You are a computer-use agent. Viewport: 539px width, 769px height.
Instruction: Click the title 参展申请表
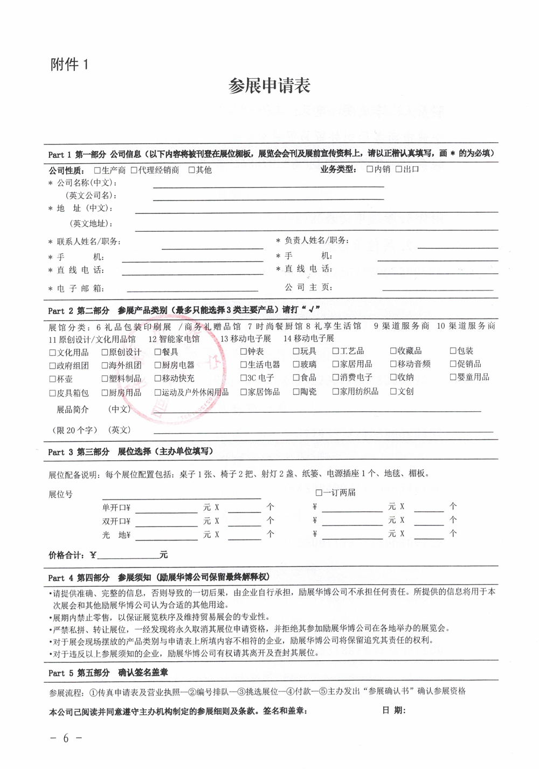coord(269,86)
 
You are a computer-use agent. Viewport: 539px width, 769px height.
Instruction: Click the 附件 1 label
coord(69,65)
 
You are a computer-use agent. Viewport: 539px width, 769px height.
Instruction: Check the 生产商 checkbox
coord(98,170)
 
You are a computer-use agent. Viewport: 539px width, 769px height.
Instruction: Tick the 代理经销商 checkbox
coord(134,170)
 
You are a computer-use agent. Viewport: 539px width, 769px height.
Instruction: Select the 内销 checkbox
coord(370,169)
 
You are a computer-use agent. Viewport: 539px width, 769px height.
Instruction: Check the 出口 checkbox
coord(399,169)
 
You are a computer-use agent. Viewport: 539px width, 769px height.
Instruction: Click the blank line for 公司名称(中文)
coord(268,185)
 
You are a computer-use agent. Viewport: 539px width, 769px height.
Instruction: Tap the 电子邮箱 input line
coord(190,289)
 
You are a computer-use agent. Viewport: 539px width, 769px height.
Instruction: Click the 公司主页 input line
coord(438,289)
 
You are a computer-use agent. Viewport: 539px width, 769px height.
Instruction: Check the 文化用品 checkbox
coord(52,353)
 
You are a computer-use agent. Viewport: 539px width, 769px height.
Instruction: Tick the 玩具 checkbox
coord(296,351)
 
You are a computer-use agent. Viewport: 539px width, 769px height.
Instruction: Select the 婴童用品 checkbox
coord(453,377)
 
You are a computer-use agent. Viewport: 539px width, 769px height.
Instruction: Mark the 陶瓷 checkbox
coord(296,392)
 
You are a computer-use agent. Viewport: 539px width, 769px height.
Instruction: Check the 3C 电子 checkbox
coord(243,378)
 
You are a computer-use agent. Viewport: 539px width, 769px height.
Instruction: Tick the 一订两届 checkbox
coord(319,493)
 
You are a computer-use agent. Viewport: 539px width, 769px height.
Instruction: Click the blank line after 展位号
coord(182,497)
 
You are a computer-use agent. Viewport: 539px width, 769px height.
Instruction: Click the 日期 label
coord(394,710)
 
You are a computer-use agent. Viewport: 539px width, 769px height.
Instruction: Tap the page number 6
coord(66,738)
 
